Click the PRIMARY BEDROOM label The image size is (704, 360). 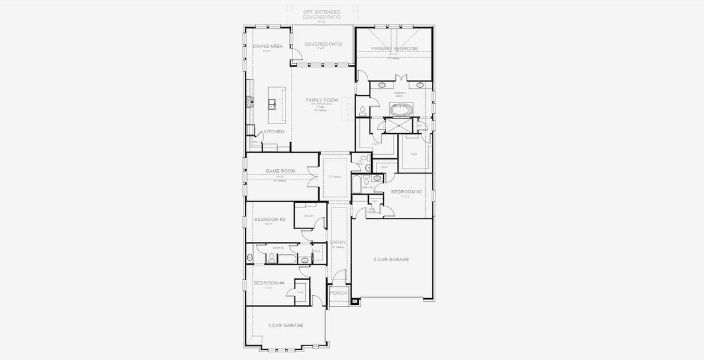[x=394, y=48]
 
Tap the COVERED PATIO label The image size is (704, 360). [x=323, y=44]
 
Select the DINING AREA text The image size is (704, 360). [x=267, y=46]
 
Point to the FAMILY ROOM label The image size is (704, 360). [x=322, y=100]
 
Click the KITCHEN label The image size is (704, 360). [x=274, y=132]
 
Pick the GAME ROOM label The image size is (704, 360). [x=281, y=171]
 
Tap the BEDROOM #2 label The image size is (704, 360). [x=407, y=191]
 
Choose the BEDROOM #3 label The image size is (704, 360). [x=269, y=220]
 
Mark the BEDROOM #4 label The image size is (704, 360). [x=269, y=283]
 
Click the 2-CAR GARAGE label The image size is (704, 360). [x=391, y=260]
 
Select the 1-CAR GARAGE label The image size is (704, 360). [x=285, y=325]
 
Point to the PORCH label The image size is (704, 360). [x=338, y=293]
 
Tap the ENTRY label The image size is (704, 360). [x=338, y=242]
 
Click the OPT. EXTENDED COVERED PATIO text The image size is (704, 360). [x=321, y=14]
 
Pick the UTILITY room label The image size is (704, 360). [x=309, y=216]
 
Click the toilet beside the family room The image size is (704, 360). [x=363, y=110]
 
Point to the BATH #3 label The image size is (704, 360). [x=278, y=248]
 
